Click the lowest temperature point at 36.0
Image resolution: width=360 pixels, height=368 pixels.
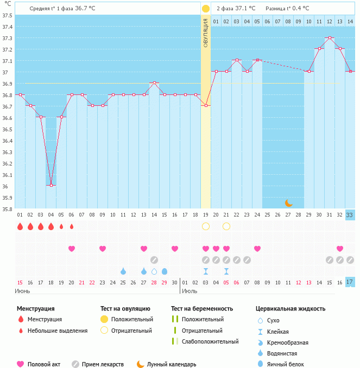click(51, 185)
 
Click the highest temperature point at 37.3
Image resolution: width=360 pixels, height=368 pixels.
click(330, 38)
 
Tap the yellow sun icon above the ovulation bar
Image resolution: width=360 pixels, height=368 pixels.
click(206, 9)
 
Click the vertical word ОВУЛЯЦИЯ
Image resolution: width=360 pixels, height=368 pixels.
click(206, 33)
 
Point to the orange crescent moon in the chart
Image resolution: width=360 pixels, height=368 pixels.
click(289, 203)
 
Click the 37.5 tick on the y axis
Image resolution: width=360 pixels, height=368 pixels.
click(8, 15)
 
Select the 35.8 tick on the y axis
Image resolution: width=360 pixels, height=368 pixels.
click(8, 208)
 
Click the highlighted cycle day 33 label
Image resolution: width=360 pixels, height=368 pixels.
click(350, 215)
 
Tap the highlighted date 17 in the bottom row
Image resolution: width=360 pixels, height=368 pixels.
click(350, 282)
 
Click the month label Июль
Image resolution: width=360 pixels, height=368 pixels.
click(190, 291)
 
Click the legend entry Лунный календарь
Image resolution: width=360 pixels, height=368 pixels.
click(172, 364)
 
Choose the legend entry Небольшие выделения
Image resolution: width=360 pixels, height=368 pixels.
click(58, 331)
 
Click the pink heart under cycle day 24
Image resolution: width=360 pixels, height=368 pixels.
click(257, 249)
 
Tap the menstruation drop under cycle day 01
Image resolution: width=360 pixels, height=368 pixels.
click(20, 226)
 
